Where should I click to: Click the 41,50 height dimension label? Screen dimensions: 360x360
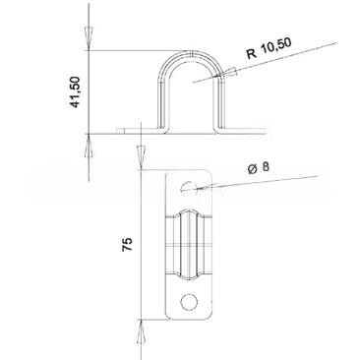click(x=76, y=92)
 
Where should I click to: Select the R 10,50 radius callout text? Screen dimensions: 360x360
click(x=270, y=48)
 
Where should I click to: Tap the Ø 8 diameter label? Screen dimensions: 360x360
click(x=259, y=168)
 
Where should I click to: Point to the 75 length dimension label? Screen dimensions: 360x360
click(x=128, y=244)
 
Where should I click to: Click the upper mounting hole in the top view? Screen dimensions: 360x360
click(x=189, y=187)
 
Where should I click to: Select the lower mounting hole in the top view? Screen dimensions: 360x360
click(x=189, y=301)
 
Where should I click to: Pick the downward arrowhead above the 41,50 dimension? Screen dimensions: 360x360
click(x=89, y=39)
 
